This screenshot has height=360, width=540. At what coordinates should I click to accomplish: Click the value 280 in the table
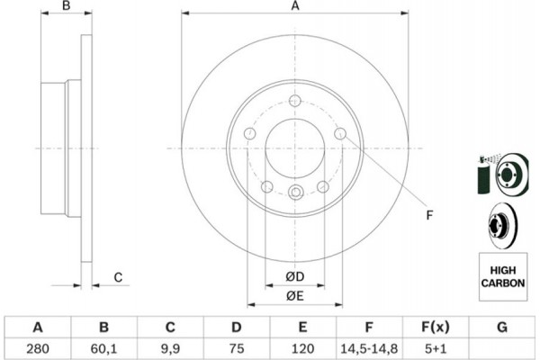point(38,348)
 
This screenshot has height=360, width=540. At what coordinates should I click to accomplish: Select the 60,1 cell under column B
point(103,348)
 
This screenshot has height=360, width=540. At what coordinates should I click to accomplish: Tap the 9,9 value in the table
point(170,348)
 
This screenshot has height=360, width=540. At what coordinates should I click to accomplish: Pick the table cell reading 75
point(236,348)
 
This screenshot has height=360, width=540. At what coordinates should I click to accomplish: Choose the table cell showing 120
point(302,348)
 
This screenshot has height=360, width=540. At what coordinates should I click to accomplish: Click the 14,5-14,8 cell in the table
point(369,348)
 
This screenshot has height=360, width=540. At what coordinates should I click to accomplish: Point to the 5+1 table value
point(436,348)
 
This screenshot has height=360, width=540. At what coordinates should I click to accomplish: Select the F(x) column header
point(436,327)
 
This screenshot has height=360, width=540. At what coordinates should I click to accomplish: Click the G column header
point(502,327)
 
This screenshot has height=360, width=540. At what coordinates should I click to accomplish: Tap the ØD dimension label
point(295,276)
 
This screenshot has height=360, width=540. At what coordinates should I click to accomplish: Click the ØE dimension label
point(295,296)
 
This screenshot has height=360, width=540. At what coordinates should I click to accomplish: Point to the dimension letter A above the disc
point(295,6)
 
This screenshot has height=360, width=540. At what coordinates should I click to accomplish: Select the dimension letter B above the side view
point(66,6)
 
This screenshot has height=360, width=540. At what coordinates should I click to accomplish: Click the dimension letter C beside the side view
point(118,277)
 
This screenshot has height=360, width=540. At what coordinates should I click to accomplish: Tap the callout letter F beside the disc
point(429,215)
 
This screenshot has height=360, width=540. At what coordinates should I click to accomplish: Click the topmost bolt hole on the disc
point(295,101)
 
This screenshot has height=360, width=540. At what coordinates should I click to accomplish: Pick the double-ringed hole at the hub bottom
point(295,192)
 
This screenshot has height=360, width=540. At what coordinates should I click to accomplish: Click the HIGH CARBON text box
point(503,276)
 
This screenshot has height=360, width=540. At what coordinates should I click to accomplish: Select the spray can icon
point(485,175)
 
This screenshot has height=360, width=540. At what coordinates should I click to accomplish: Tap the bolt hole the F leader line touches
point(340,133)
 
